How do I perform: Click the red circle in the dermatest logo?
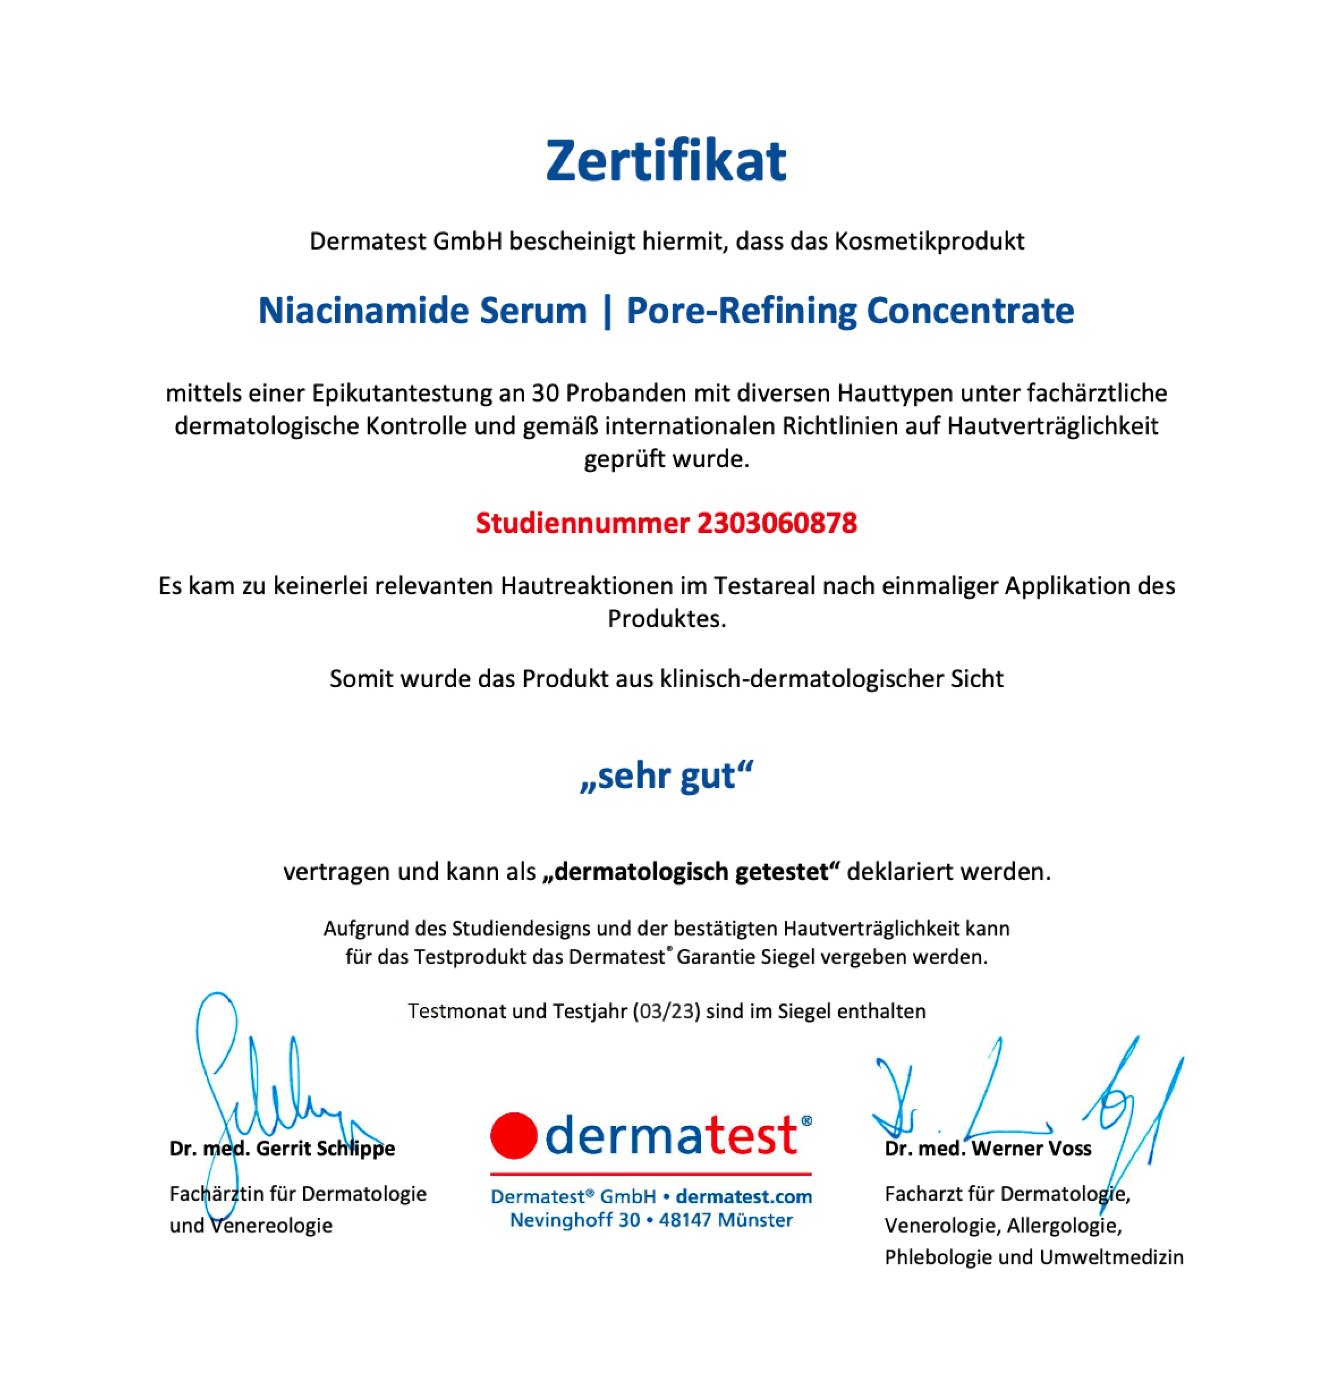(x=513, y=1136)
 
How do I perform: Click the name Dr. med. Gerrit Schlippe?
(x=282, y=1148)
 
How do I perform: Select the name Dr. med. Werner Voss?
(x=988, y=1148)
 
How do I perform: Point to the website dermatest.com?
(x=744, y=1197)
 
